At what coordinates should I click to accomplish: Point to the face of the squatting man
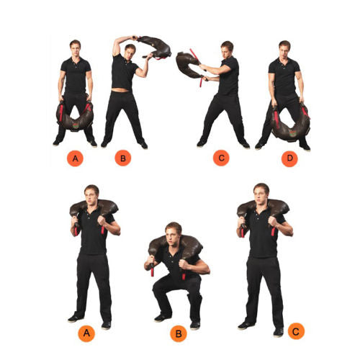(x=173, y=235)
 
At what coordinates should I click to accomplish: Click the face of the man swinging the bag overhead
(x=130, y=51)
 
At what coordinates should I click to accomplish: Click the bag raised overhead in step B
(x=153, y=45)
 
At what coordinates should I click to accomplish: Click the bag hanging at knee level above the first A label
(x=75, y=116)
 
